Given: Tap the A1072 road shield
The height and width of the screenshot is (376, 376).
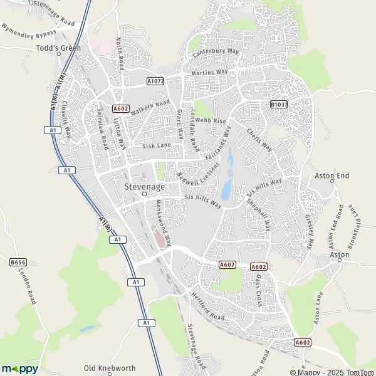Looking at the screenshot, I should point(155,81).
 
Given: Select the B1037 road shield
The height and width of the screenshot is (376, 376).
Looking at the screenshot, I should point(278,105).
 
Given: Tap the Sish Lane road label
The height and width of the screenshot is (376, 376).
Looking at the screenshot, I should point(157,145).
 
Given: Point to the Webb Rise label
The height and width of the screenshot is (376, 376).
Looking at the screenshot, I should point(209,119).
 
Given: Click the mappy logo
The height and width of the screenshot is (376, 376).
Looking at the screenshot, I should point(20,368).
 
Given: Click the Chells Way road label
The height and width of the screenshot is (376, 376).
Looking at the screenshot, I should point(259,140).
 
